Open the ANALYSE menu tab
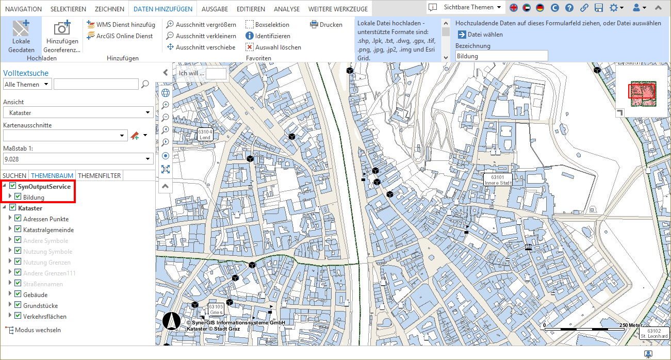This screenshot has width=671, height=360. coord(287,9)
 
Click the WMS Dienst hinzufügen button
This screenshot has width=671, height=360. coord(121,25)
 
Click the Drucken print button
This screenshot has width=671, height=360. coord(326,25)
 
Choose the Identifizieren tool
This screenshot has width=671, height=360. coord(268,36)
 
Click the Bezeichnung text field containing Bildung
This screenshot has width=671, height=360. coord(501,56)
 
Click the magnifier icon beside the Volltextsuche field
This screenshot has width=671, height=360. coord(145,84)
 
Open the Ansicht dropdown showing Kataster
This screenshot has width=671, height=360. coord(78,112)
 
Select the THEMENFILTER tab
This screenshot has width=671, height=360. coord(100,176)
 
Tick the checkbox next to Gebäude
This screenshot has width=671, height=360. coord(18,294)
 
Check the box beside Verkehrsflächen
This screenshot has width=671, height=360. coord(18,316)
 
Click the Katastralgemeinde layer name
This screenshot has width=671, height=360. coord(48,230)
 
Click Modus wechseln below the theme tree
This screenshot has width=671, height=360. coord(38,330)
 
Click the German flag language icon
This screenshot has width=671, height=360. coord(539,8)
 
